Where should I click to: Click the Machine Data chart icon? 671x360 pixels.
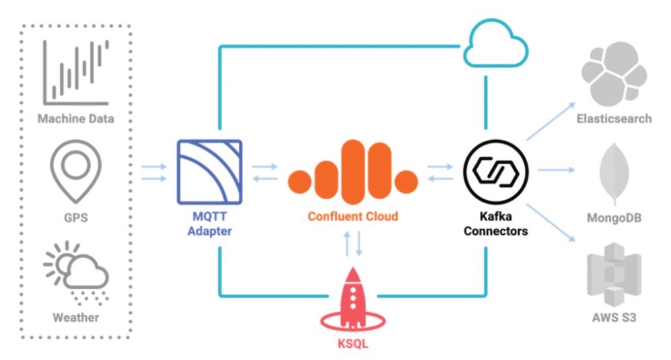tap(76, 73)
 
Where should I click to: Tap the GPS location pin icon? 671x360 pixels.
tap(75, 172)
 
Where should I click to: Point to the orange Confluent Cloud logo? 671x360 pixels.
tap(352, 171)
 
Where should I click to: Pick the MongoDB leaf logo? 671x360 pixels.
tap(614, 173)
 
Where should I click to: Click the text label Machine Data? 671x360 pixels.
tap(76, 119)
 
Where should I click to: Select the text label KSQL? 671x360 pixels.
tap(352, 345)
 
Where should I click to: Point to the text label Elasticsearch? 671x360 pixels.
tap(614, 119)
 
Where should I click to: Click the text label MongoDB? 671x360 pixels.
tap(614, 218)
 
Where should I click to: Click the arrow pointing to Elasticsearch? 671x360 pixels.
tap(551, 122)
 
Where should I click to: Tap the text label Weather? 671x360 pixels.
tap(76, 317)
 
